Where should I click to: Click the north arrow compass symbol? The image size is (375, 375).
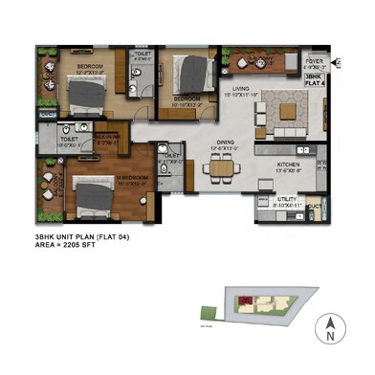[x=330, y=329]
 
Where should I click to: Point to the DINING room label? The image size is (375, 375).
[x=222, y=146]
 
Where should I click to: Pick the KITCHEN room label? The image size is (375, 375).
[x=288, y=168]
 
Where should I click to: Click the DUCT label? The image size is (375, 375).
[x=316, y=206]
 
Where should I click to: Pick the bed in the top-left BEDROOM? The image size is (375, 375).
[x=87, y=93]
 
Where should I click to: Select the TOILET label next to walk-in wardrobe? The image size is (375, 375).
[x=69, y=141]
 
